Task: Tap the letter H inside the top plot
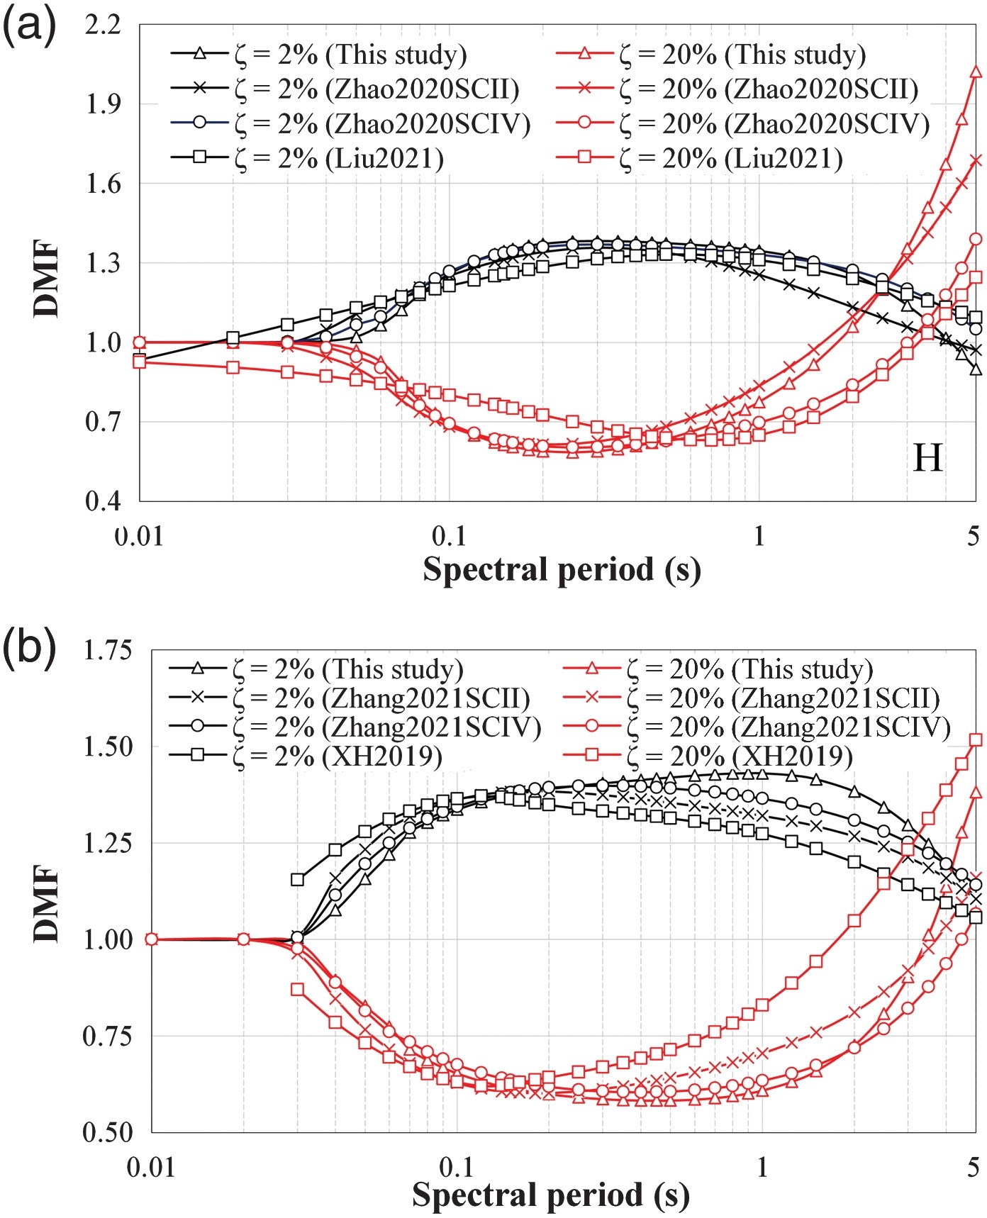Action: coord(928,458)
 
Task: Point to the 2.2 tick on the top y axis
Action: coord(103,26)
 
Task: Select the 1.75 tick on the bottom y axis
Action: coord(108,650)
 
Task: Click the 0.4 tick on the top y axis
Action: coord(103,501)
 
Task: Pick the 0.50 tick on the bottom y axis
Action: coord(108,1132)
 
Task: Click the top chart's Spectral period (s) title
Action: coord(562,570)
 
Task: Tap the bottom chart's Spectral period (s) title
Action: coord(551,1195)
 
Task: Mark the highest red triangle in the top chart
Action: coord(976,72)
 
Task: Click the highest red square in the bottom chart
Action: coord(976,740)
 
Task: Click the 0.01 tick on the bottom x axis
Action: coord(150,1167)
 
